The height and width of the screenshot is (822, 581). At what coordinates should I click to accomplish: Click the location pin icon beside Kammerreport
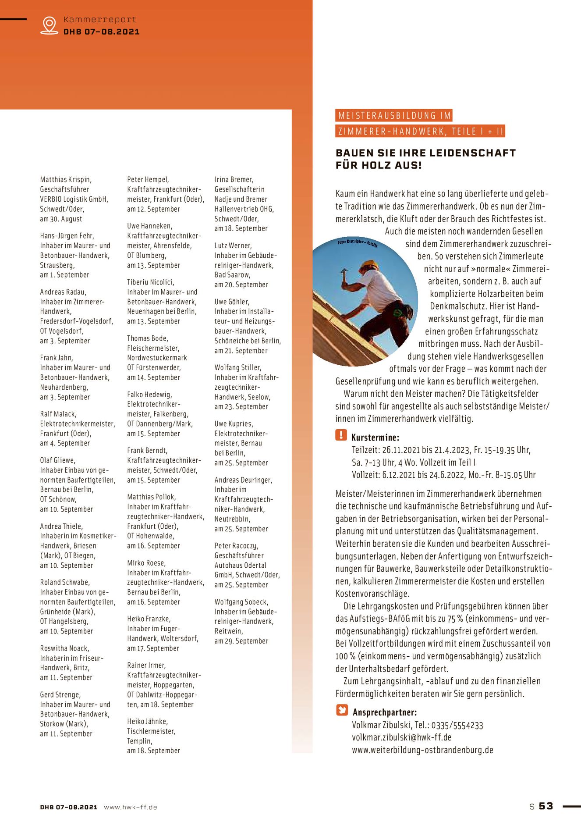tap(49, 25)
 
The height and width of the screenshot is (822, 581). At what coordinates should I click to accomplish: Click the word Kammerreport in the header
tap(100, 20)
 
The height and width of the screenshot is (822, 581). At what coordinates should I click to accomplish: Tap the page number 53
tap(546, 806)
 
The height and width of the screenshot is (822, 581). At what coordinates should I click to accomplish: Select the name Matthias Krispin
tap(66, 179)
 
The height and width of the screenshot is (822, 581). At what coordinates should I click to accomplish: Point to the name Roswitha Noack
tap(64, 648)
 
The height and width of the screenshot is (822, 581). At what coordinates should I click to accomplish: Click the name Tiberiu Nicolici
tap(150, 282)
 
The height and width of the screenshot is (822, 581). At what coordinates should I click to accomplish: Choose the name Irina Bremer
tap(234, 179)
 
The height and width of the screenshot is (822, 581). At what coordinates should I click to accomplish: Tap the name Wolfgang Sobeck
tap(241, 602)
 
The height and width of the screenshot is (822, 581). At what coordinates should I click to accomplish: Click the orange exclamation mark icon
tap(341, 435)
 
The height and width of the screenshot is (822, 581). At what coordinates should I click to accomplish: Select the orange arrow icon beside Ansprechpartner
tap(342, 710)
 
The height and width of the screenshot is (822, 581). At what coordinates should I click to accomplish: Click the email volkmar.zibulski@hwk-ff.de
tap(401, 737)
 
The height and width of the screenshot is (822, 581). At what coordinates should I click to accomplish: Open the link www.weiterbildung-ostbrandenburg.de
tap(422, 750)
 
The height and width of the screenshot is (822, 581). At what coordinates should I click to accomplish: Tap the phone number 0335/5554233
tap(457, 725)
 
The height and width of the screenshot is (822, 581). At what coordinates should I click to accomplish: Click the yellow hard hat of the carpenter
tap(370, 264)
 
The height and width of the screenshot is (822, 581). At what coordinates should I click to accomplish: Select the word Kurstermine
tap(375, 438)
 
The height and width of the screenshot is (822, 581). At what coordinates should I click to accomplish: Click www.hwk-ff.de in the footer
tap(130, 807)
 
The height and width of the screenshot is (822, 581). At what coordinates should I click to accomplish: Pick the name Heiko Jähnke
tap(147, 721)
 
